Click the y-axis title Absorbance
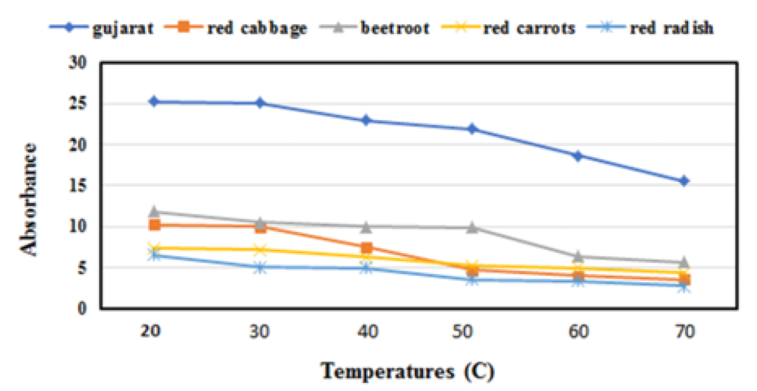click(x=29, y=199)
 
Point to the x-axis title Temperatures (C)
click(x=408, y=371)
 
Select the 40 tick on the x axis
click(x=366, y=332)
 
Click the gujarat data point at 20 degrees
click(x=154, y=101)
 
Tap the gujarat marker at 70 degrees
click(x=684, y=181)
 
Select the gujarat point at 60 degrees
click(x=578, y=156)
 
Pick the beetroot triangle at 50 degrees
click(x=472, y=227)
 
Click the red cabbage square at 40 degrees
click(x=366, y=248)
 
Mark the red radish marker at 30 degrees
click(x=260, y=267)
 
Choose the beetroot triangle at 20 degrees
click(x=154, y=211)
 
